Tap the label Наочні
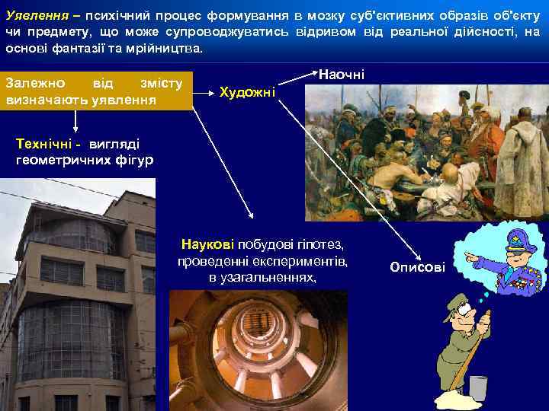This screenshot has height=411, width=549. pyautogui.click(x=341, y=74)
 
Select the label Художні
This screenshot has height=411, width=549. pyautogui.click(x=247, y=92)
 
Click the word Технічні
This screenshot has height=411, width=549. pyautogui.click(x=44, y=144)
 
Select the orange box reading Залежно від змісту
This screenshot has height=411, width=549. pyautogui.click(x=96, y=91)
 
